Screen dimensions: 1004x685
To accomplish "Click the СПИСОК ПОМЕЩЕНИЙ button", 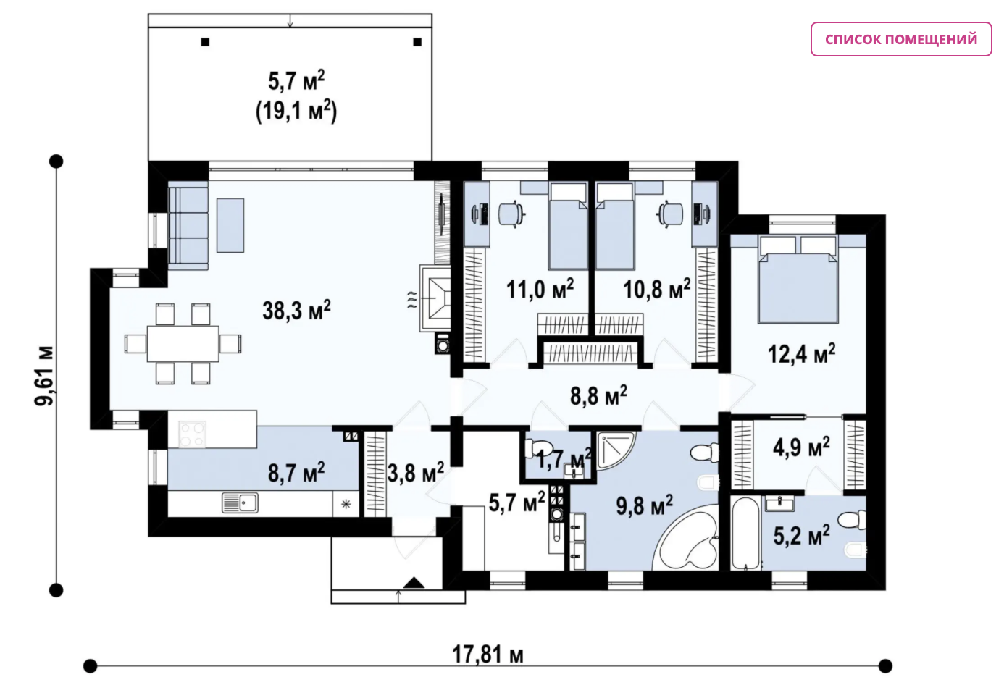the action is click(901, 39).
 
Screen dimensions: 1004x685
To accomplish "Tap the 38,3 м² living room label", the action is click(296, 310).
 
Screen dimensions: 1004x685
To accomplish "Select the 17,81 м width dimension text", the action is click(488, 655).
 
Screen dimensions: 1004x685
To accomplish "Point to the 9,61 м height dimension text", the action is click(45, 376).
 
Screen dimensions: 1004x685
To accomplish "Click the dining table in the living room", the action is click(183, 344).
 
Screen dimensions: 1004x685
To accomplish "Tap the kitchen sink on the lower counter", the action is click(240, 503).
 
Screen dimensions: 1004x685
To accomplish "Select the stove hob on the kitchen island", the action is click(192, 434).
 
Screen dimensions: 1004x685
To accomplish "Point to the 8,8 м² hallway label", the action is click(598, 395).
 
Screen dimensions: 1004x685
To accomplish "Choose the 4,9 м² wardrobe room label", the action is click(801, 447).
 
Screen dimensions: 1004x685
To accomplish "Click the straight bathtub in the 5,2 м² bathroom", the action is click(745, 533).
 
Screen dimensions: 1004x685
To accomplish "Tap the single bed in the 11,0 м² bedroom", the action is click(568, 225).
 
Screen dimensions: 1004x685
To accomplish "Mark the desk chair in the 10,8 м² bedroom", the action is click(670, 214).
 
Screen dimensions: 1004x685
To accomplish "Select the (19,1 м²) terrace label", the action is click(296, 111).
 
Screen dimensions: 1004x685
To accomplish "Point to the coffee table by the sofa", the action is click(230, 225).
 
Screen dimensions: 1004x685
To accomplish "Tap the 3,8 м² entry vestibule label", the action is click(416, 473).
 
